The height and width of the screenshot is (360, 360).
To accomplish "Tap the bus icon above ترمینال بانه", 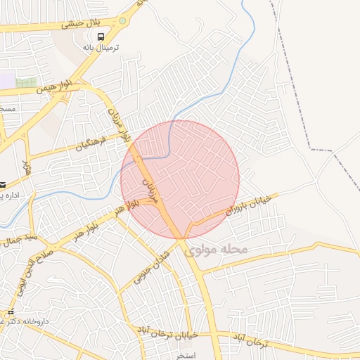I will click(x=101, y=37).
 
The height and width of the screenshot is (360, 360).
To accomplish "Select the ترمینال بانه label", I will click(x=101, y=48).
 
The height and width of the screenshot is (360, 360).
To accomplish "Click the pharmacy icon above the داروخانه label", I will click(x=11, y=311).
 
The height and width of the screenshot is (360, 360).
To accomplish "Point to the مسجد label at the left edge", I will click(x=7, y=110).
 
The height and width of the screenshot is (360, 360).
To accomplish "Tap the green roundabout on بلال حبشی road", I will click(x=124, y=20).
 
